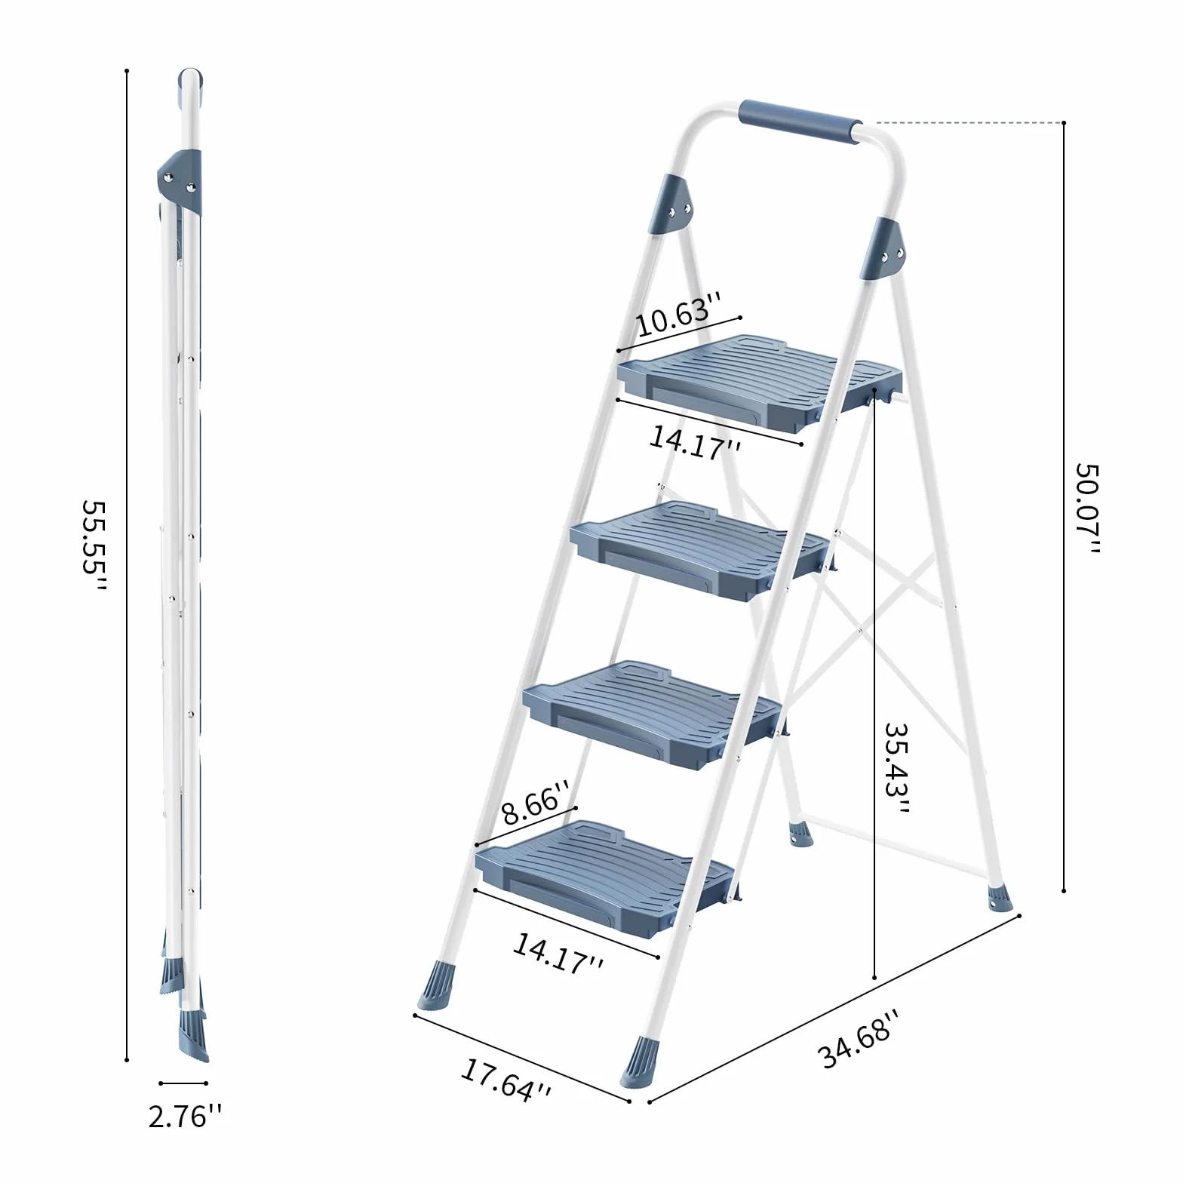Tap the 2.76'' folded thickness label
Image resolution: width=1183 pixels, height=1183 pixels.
186,1116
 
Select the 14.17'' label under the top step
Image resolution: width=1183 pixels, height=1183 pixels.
695,440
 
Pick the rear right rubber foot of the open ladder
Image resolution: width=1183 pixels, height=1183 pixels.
1000,896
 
